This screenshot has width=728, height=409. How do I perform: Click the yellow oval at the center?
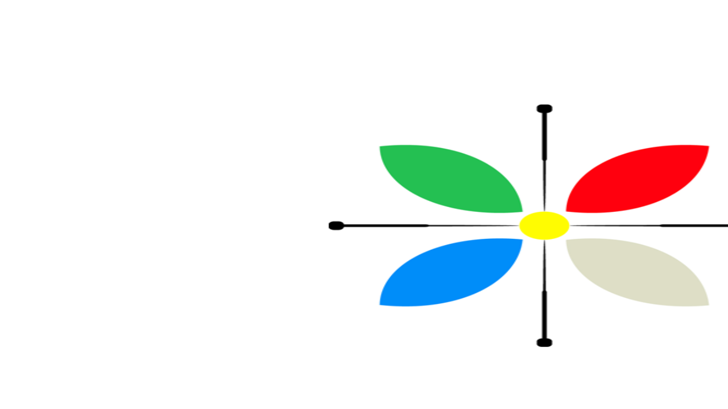544,226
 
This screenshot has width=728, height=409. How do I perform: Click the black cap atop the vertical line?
544,109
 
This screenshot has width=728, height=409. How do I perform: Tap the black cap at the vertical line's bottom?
544,343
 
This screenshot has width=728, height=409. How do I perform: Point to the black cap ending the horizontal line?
336,226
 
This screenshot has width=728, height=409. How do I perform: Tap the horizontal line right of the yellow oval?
650,226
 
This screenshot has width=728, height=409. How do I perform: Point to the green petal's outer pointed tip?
381,147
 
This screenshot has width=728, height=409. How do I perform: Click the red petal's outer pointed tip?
708,147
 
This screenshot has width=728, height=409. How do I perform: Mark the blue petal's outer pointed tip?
381,304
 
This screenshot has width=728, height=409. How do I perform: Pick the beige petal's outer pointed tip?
708,304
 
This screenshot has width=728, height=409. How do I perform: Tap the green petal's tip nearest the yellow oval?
521,211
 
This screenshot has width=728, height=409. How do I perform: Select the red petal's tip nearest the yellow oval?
568,211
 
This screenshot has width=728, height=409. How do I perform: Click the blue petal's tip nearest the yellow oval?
521,241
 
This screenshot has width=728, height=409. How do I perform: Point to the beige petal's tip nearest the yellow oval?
568,241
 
